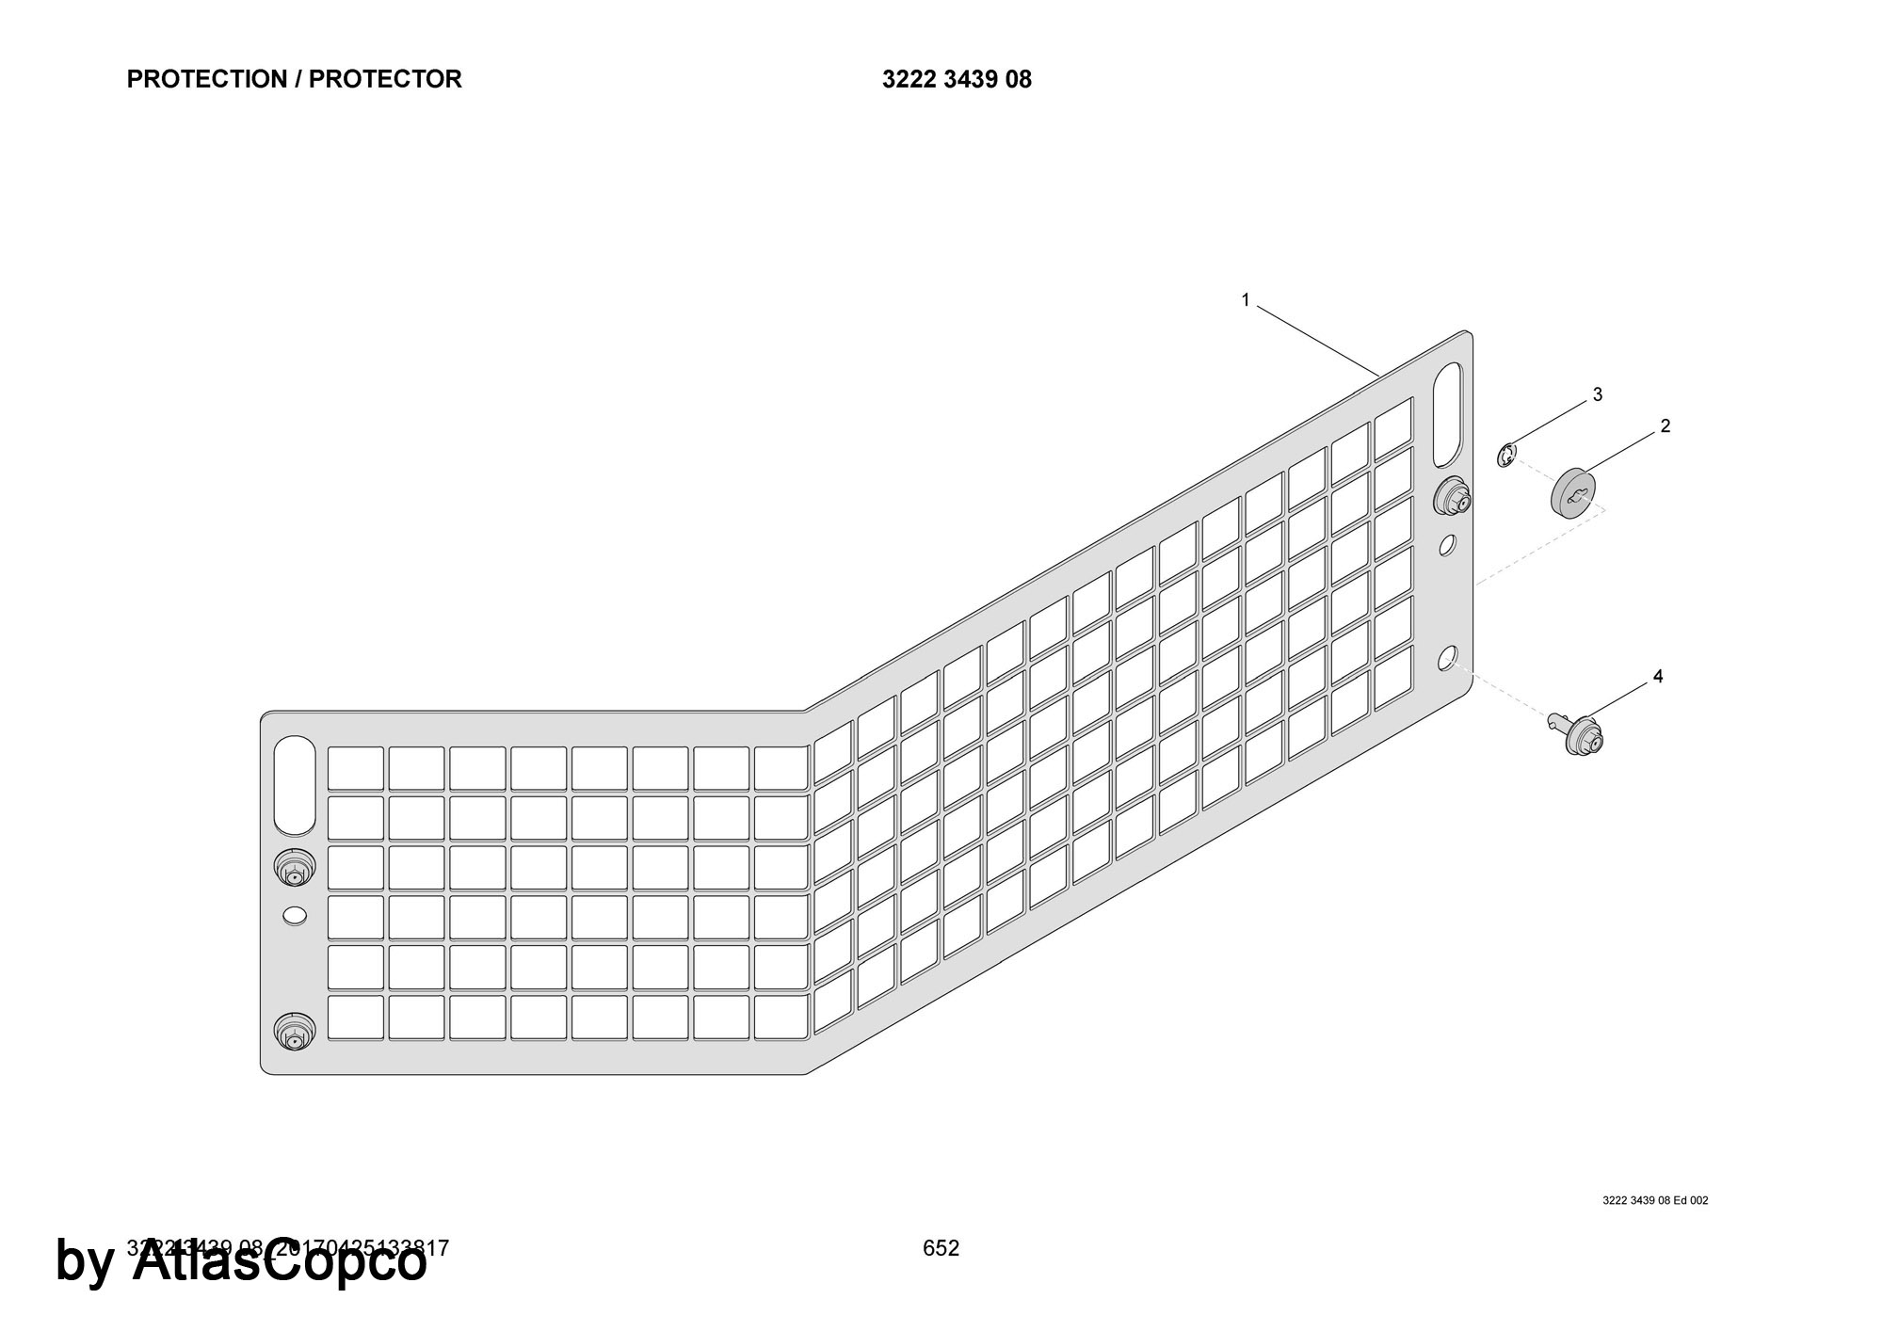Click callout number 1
(x=1245, y=300)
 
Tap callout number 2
(x=1665, y=426)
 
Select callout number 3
(x=1597, y=394)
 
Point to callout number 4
(x=1658, y=677)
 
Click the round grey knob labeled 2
(x=1573, y=494)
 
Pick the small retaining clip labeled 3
(x=1507, y=457)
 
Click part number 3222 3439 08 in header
(x=957, y=80)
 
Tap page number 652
(x=941, y=1248)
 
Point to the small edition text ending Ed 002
(x=1654, y=1200)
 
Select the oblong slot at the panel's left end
(x=295, y=785)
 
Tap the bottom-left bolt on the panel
(x=294, y=1032)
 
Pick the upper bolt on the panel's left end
(x=294, y=867)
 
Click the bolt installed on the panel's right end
(x=1453, y=497)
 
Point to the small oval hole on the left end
(x=295, y=914)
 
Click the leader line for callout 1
(x=1318, y=342)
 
